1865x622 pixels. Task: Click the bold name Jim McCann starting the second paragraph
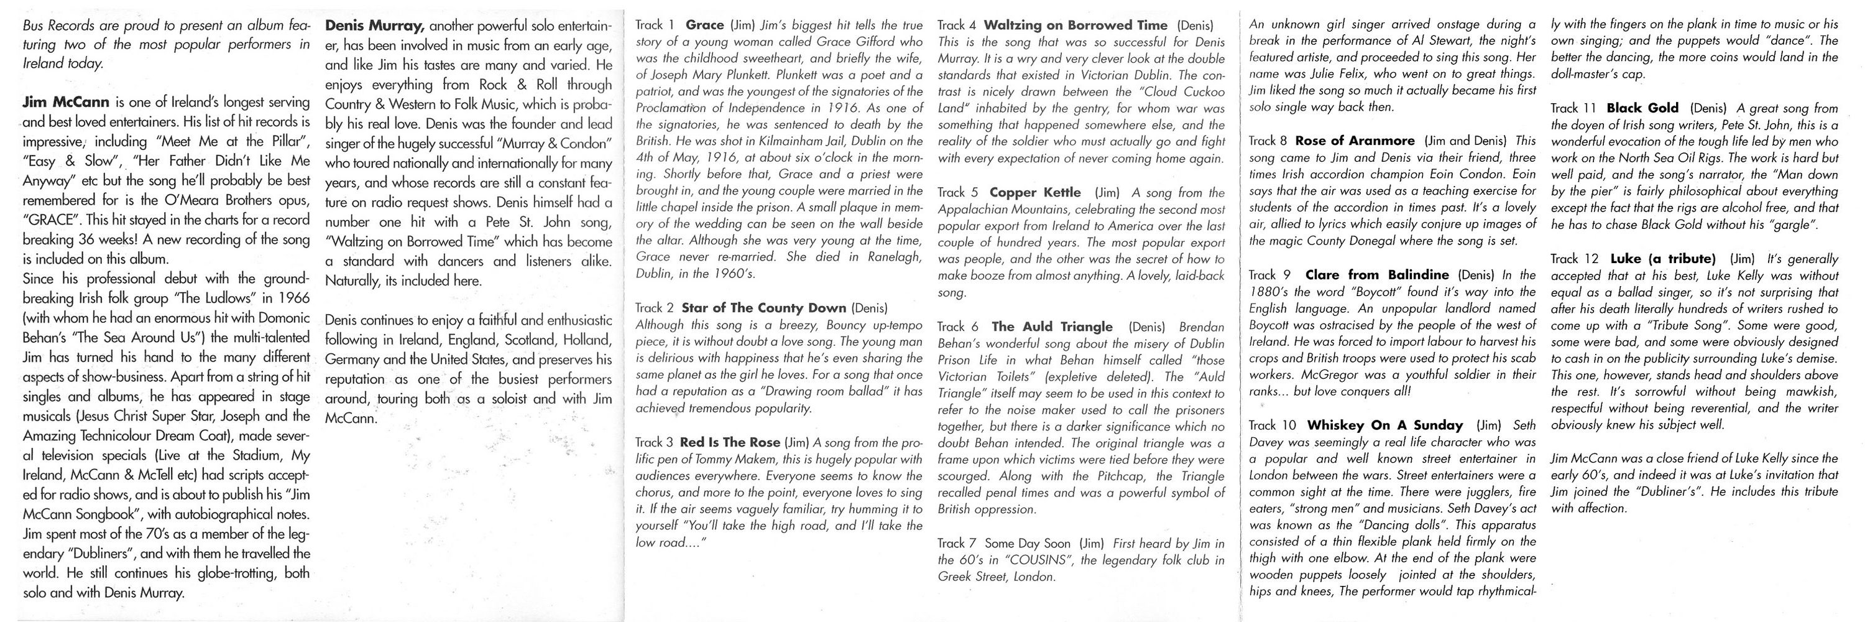[x=65, y=102]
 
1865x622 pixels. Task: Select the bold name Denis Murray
[x=374, y=26]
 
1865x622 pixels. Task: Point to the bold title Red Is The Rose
[x=730, y=442]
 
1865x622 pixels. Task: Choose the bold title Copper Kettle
[x=1034, y=193]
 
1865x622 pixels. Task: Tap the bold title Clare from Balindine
[x=1376, y=274]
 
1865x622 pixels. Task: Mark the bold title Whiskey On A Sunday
[x=1384, y=425]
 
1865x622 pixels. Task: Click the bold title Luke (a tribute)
[x=1663, y=259]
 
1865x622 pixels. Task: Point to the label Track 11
[x=1575, y=108]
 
